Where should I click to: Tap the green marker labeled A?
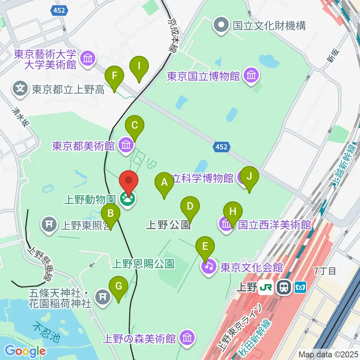164,183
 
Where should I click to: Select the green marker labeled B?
111,214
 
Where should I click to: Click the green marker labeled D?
190,207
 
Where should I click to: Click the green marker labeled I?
139,67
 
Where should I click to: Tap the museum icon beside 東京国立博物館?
250,76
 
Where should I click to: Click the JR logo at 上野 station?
267,288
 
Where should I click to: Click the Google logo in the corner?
25,351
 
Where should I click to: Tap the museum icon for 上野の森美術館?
187,338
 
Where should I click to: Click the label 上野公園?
168,225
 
